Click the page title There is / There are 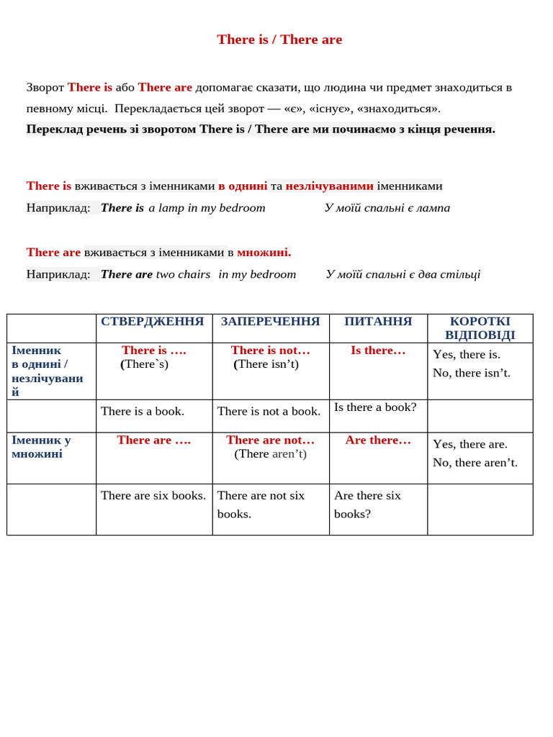pyautogui.click(x=279, y=40)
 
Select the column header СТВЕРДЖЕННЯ pyautogui.click(x=153, y=322)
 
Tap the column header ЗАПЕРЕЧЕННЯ pyautogui.click(x=270, y=322)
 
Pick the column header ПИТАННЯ pyautogui.click(x=378, y=322)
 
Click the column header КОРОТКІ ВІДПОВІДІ pyautogui.click(x=480, y=328)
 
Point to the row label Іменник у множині pyautogui.click(x=41, y=447)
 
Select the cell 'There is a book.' pyautogui.click(x=143, y=411)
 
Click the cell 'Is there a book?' pyautogui.click(x=375, y=407)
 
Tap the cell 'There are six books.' pyautogui.click(x=153, y=495)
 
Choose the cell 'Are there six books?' pyautogui.click(x=367, y=505)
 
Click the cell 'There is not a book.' pyautogui.click(x=269, y=411)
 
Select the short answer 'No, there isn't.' pyautogui.click(x=471, y=373)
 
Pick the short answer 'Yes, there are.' pyautogui.click(x=469, y=444)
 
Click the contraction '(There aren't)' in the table pyautogui.click(x=270, y=453)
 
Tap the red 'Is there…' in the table pyautogui.click(x=378, y=351)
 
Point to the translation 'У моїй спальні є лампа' pyautogui.click(x=387, y=208)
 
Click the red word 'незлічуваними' pyautogui.click(x=329, y=186)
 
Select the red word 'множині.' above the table pyautogui.click(x=264, y=252)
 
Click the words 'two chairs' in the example pyautogui.click(x=183, y=274)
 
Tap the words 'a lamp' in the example pyautogui.click(x=166, y=208)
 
